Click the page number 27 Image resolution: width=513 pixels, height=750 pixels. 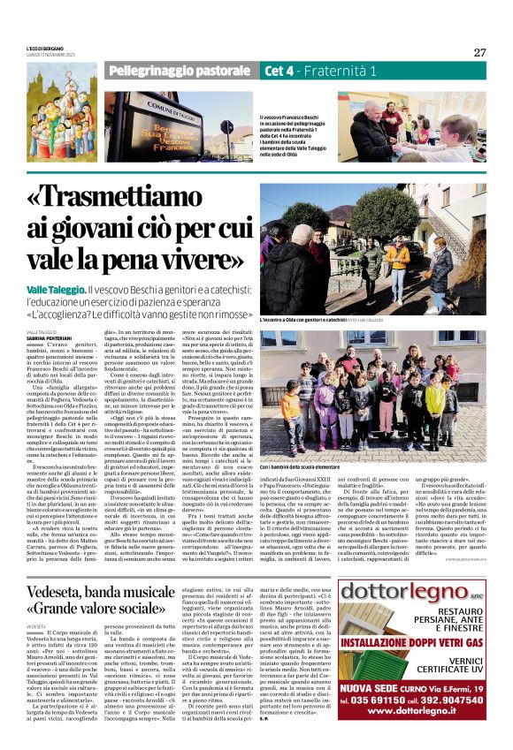click(x=479, y=52)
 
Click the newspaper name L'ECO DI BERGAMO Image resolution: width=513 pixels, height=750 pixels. click(x=46, y=47)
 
